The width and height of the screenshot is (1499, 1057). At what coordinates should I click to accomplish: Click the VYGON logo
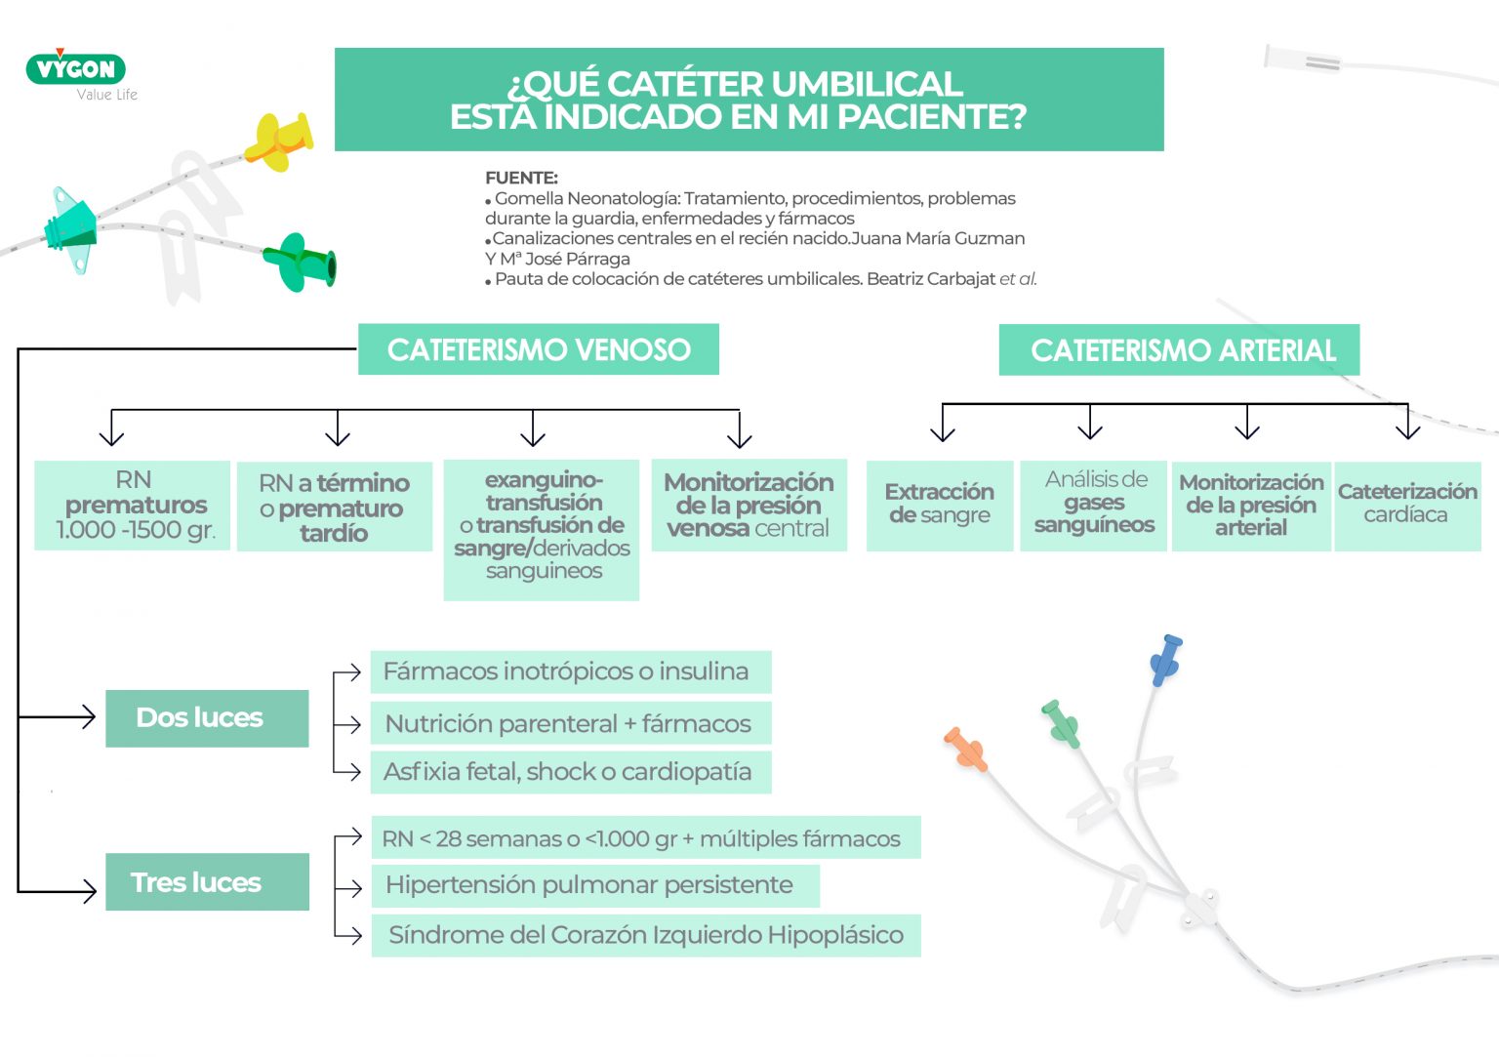coord(76,69)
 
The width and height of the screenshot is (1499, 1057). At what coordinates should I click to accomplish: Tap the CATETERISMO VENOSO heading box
coord(539,349)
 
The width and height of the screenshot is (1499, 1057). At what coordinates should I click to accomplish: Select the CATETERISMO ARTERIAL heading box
coord(1179,350)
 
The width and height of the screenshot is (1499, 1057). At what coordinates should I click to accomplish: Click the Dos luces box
coord(207,718)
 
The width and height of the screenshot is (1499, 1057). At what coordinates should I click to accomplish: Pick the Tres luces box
coord(207,882)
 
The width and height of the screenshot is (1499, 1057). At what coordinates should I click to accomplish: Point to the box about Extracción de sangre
coord(940,506)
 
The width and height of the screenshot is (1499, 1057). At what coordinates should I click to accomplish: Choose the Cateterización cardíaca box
coord(1407,506)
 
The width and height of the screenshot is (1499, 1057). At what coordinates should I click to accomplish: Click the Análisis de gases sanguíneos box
coord(1093,506)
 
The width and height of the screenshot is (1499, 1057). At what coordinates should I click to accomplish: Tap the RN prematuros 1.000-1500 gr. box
coord(133,506)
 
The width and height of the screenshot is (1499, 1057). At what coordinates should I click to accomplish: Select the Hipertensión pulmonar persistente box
coord(594,885)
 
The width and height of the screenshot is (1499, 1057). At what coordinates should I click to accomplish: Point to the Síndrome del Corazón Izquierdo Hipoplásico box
coord(645,935)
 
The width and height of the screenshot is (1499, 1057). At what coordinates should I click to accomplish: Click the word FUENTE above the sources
coord(521,178)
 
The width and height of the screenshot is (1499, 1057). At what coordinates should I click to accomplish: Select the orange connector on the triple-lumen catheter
coord(966,749)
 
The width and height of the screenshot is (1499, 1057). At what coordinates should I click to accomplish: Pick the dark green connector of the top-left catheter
coord(303,262)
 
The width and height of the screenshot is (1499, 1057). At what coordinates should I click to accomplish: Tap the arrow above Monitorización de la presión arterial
coord(1247,424)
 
